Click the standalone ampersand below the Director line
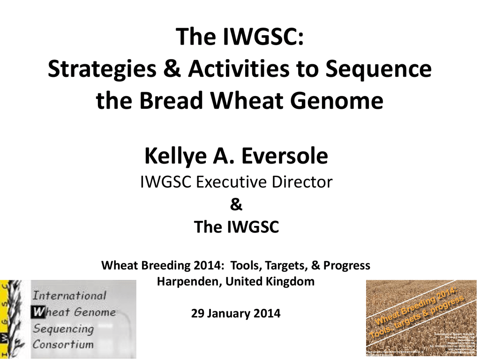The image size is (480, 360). tap(236, 205)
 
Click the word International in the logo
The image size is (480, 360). tap(69, 296)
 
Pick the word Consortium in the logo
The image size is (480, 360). tap(63, 345)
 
